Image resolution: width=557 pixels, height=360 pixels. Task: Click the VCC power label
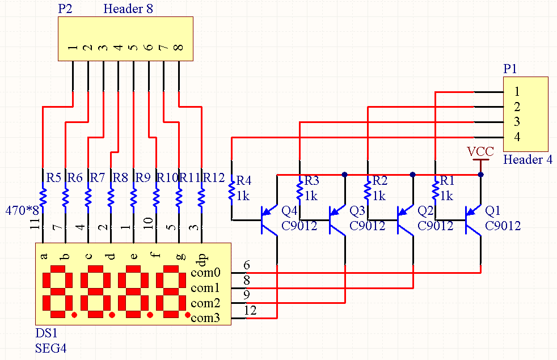coord(480,151)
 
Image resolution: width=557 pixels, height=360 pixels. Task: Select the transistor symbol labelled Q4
coord(269,220)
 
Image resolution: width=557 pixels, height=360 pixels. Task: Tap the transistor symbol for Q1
coord(473,220)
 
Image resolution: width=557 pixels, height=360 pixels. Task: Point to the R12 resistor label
coord(213,177)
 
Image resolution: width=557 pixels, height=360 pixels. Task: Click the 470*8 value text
coord(22,210)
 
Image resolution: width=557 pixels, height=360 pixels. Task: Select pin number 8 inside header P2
coord(179,48)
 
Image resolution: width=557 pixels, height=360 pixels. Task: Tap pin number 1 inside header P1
coord(517,92)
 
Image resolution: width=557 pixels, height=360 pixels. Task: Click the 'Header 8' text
coord(128,9)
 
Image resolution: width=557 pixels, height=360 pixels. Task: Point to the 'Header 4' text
coord(528,159)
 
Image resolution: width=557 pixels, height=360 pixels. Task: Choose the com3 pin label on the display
coord(205,317)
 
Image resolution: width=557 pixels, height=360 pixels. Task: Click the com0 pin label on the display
coord(205,273)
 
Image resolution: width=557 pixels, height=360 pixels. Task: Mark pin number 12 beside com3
coord(250,310)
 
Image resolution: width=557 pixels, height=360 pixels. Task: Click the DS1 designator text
coord(46,333)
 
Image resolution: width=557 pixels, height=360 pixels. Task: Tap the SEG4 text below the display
coord(51,348)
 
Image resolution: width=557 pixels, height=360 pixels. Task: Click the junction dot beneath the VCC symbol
coord(480,175)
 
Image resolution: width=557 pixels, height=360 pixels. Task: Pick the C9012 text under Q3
coord(368,226)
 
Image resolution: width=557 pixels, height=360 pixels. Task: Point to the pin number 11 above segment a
coord(35,224)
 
